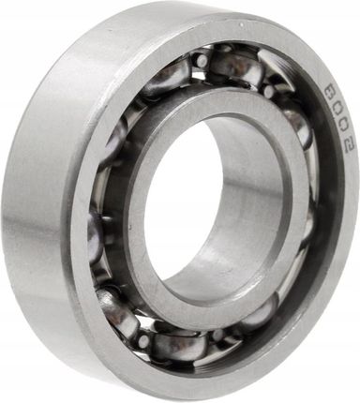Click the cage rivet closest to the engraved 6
pyautogui.click(x=268, y=91)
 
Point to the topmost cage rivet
pyautogui.click(x=200, y=60)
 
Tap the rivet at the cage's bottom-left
pyautogui.click(x=143, y=340)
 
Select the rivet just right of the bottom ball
pyautogui.click(x=218, y=335)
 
